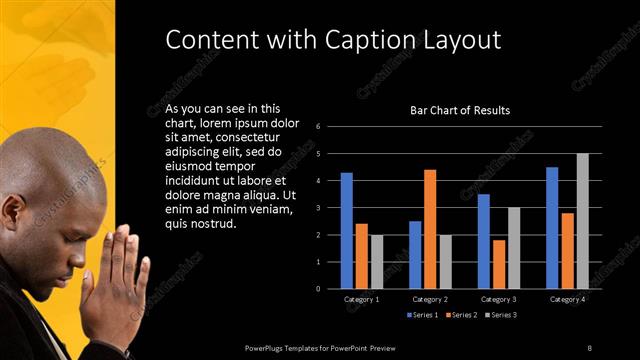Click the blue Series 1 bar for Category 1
(346, 230)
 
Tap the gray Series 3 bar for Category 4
(582, 221)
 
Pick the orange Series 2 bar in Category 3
(499, 264)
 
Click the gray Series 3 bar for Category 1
(376, 262)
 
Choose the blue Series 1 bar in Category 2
(415, 255)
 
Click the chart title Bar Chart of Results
(460, 110)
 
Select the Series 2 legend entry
(461, 315)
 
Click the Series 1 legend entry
(424, 315)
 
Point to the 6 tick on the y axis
(317, 127)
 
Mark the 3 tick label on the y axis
(317, 208)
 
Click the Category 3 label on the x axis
(499, 299)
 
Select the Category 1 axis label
(361, 299)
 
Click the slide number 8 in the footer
(590, 347)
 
